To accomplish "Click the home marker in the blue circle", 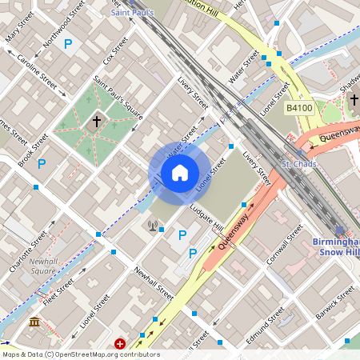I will point(179,173).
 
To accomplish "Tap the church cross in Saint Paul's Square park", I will point(97,122).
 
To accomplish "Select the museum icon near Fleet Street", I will point(35,322).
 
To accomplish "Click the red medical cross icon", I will point(120,343).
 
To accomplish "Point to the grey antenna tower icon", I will point(152,226).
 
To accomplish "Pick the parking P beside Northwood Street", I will point(68,45).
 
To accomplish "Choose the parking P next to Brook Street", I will point(41,163).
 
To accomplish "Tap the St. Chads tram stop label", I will point(298,164).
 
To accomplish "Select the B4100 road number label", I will point(298,106).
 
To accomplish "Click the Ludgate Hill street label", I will point(206,218).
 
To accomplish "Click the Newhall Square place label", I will point(42,266).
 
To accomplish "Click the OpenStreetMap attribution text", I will point(81,354).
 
